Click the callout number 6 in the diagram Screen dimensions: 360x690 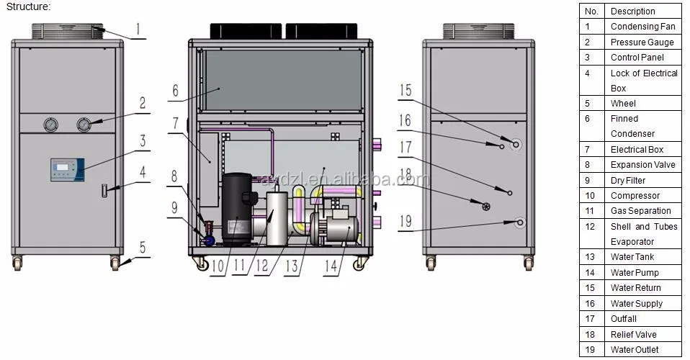(174, 91)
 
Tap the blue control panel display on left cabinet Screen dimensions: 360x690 (65, 170)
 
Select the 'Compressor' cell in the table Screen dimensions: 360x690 (635, 195)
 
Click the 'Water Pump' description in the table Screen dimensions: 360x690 (635, 272)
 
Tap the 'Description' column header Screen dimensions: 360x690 (632, 12)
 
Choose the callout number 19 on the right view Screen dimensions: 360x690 (406, 221)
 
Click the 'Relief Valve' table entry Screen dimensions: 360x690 (634, 334)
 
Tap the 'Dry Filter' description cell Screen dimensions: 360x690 (628, 180)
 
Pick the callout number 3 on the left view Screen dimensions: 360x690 (143, 141)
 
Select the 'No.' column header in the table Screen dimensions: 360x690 (591, 12)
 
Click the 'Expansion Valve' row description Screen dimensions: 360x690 (642, 165)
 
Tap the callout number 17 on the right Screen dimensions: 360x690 (406, 148)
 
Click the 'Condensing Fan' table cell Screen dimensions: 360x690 (642, 27)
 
